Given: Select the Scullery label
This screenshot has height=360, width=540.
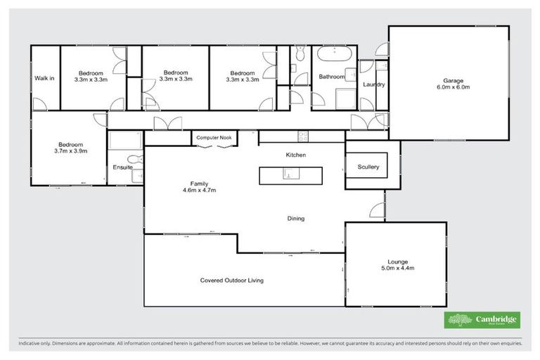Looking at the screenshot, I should [367, 167].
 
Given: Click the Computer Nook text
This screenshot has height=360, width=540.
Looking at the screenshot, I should [214, 138].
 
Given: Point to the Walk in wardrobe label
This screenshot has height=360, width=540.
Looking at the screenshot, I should [44, 77].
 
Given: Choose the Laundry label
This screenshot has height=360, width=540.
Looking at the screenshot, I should [373, 84].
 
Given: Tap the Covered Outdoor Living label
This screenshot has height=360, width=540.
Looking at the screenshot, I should [231, 280].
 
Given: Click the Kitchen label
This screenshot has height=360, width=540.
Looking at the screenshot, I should [295, 155].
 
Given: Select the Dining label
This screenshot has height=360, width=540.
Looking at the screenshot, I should [295, 219].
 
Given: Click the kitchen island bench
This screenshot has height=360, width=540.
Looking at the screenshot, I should [291, 175].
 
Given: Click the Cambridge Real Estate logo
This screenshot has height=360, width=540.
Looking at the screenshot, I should [482, 321].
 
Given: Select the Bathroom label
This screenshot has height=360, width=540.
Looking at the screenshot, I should [331, 77].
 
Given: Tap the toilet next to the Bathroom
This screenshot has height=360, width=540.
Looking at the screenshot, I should [300, 53].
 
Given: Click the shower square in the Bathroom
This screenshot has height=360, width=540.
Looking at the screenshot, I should [344, 98].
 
